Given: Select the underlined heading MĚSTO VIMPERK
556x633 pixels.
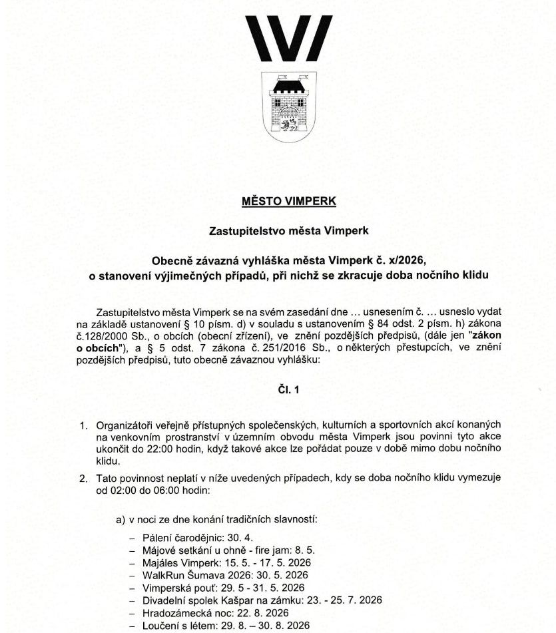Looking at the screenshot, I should coord(289,200).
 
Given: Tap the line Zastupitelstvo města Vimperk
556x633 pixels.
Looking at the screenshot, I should coord(289,231).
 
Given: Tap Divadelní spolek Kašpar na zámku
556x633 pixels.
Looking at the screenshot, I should coord(222,601).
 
